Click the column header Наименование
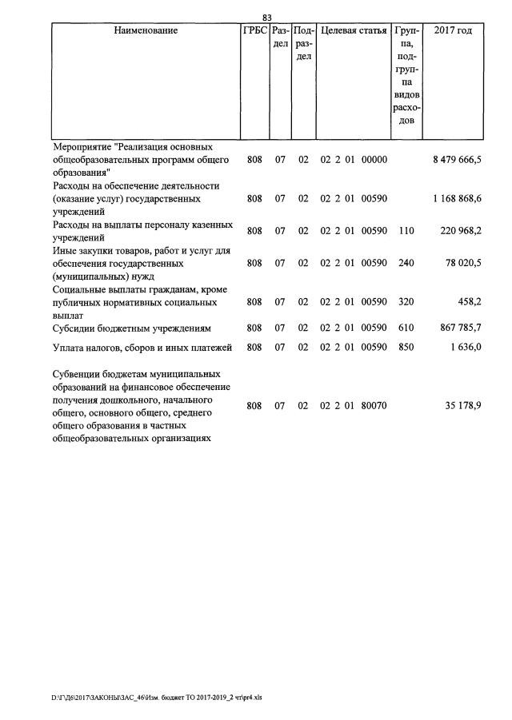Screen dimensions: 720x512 [146, 31]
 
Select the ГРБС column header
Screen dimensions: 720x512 [255, 31]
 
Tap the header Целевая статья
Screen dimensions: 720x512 [354, 31]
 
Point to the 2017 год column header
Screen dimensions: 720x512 [453, 31]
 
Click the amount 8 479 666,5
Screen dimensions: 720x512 [457, 160]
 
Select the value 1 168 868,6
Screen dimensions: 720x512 [457, 198]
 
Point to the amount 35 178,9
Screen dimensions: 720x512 [464, 406]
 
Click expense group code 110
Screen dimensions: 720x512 [406, 231]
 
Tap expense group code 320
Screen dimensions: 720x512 [406, 304]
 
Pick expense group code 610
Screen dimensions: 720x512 [406, 328]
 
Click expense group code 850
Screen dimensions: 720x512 [406, 347]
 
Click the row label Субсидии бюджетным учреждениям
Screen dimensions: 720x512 [131, 328]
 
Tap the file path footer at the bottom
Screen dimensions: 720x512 [157, 697]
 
